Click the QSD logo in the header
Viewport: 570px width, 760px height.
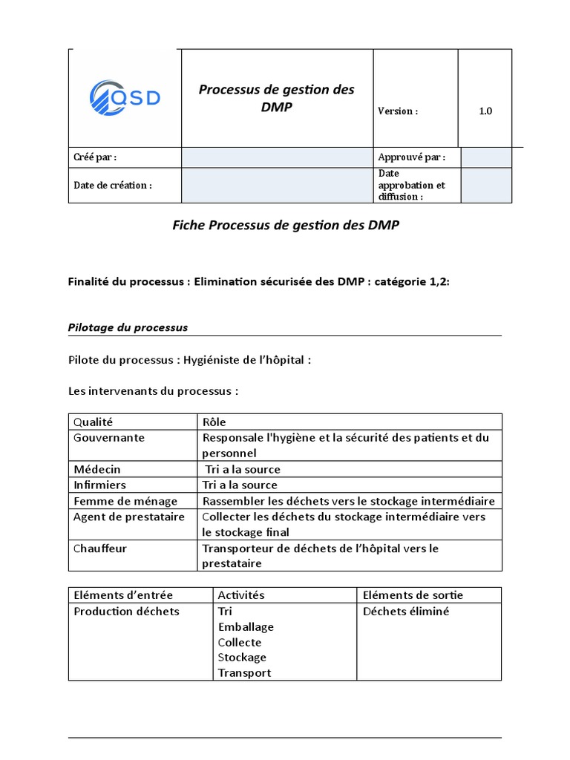(125, 97)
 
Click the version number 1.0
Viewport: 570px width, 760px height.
(485, 111)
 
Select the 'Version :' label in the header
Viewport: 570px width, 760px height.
(398, 111)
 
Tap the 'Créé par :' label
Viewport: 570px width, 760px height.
(95, 157)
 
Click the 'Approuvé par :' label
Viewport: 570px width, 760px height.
(411, 157)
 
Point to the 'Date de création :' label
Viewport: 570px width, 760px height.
(112, 186)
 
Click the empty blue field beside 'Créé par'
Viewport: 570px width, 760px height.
(277, 157)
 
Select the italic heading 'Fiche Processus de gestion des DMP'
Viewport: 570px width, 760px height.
(286, 226)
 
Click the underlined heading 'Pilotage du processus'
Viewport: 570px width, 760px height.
(128, 327)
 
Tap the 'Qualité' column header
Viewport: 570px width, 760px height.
(93, 422)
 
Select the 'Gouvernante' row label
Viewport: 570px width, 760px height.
(108, 438)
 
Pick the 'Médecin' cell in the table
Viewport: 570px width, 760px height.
(96, 469)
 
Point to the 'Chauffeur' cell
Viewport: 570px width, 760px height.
(99, 548)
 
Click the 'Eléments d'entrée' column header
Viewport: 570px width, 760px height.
(122, 595)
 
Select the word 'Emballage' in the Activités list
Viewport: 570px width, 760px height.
(246, 627)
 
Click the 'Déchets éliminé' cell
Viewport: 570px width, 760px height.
(406, 612)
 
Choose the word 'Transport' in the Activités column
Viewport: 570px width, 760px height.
(244, 673)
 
